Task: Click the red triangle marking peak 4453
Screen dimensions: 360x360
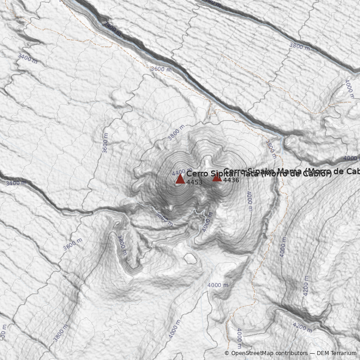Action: [x=180, y=179]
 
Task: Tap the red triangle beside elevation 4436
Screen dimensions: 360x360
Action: [x=217, y=177]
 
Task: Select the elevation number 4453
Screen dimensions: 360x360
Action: [x=194, y=182]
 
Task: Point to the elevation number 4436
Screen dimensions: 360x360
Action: [x=231, y=180]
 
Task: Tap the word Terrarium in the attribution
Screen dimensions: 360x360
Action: [x=343, y=353]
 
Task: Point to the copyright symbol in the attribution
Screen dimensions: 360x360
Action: [x=227, y=353]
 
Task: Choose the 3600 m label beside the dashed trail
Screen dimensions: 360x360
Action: [x=161, y=69]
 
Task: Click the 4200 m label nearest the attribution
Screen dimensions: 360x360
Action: [x=302, y=327]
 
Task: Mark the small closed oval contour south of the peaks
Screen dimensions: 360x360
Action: [x=190, y=258]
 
